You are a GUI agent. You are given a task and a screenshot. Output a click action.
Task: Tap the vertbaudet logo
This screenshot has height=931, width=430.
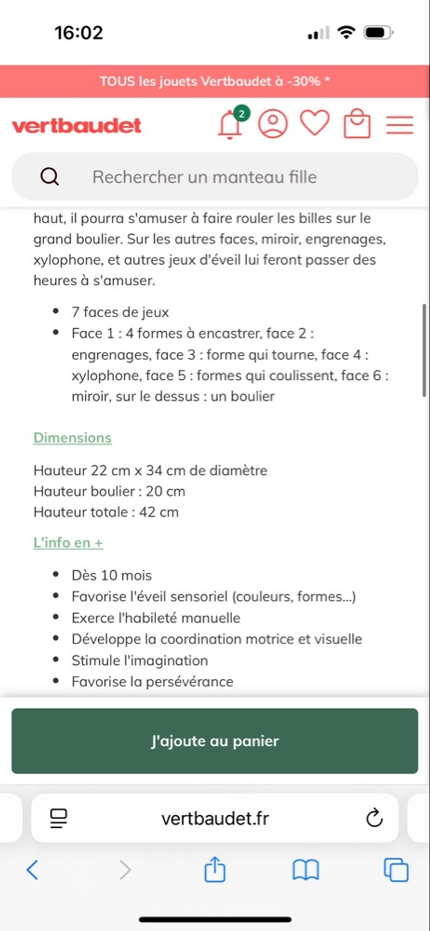[76, 125]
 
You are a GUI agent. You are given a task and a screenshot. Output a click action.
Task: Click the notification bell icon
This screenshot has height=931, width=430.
[230, 125]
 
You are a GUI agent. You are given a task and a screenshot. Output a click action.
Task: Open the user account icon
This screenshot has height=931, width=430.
[273, 124]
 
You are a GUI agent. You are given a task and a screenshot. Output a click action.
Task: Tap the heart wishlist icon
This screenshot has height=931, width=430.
[315, 123]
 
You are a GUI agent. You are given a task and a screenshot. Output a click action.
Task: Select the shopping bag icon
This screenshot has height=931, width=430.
[357, 124]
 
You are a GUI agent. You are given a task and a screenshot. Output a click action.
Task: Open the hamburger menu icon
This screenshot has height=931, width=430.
[399, 125]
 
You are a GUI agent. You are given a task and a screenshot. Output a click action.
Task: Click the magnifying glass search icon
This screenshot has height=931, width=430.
[50, 177]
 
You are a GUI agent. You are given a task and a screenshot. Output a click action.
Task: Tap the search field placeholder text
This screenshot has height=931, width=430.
[205, 177]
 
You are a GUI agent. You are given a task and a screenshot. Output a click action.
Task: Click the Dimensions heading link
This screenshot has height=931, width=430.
[72, 438]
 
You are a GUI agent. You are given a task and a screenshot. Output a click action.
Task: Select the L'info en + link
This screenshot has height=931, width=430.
[68, 543]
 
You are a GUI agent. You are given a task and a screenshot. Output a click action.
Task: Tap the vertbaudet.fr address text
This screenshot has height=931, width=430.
[215, 818]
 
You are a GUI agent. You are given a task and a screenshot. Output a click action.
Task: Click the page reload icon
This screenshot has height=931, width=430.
[374, 818]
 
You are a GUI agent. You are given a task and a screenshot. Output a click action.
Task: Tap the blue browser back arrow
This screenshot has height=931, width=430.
[33, 870]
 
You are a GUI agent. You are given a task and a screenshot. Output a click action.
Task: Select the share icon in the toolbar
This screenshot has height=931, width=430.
[214, 870]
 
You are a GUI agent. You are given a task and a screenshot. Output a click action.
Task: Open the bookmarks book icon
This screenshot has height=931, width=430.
[305, 870]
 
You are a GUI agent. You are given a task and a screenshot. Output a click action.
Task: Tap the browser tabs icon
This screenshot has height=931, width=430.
[396, 870]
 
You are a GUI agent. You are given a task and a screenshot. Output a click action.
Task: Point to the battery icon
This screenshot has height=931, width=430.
[378, 33]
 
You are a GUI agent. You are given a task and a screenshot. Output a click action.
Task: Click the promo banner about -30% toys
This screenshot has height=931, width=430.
[215, 81]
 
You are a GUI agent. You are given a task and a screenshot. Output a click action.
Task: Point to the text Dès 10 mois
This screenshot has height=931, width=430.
[111, 575]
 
